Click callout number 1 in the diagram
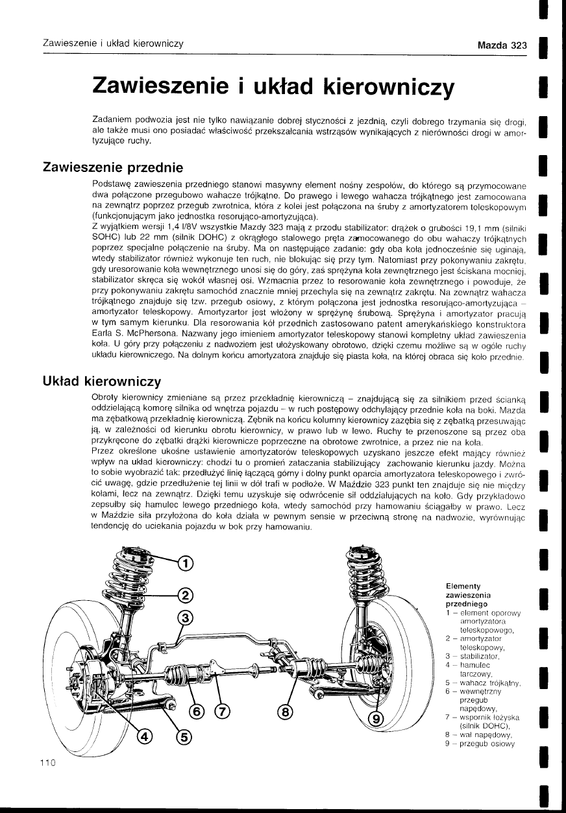(186, 563)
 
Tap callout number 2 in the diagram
(186, 595)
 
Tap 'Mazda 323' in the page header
(501, 45)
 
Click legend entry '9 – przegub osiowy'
(480, 744)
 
